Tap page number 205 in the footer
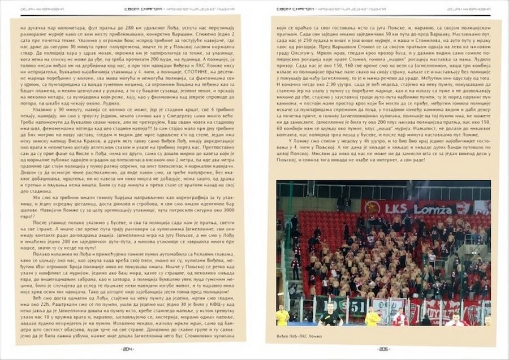pyautogui.click(x=382, y=349)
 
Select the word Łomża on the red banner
pyautogui.click(x=434, y=209)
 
